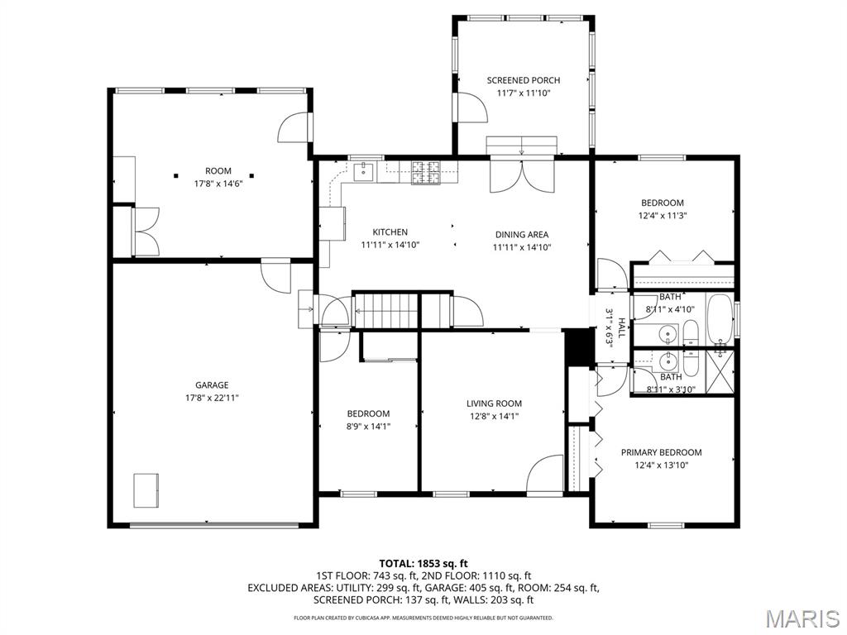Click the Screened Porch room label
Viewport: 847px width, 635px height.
pos(523,80)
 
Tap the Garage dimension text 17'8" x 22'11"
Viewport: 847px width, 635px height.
pos(212,398)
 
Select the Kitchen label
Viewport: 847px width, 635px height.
pos(390,232)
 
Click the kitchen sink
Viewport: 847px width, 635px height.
pos(365,171)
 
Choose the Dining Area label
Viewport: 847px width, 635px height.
pos(521,234)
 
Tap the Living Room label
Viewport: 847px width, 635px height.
pos(494,403)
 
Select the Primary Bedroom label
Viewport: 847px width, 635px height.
pos(661,452)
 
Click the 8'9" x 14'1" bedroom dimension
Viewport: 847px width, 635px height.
pos(368,427)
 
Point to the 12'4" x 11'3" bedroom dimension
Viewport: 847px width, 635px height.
pos(663,215)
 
